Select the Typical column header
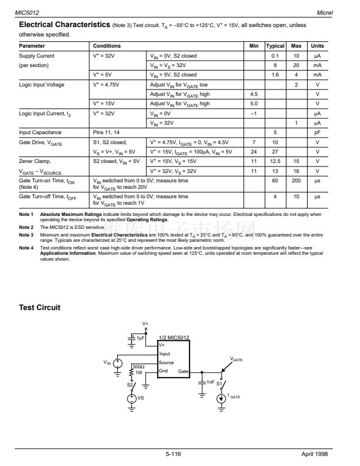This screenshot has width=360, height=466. tap(275, 46)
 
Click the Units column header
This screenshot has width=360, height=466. tap(317, 46)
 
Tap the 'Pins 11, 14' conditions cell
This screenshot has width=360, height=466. tap(107, 132)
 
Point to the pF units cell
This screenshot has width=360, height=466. tap(317, 132)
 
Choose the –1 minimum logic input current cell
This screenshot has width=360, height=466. tap(254, 113)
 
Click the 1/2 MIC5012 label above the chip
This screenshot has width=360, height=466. tap(175, 338)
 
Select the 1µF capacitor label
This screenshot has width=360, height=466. tap(141, 338)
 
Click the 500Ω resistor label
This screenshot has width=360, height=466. tap(138, 366)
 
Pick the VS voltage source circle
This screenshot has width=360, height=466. tap(132, 398)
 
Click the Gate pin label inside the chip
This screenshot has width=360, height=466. tap(183, 372)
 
